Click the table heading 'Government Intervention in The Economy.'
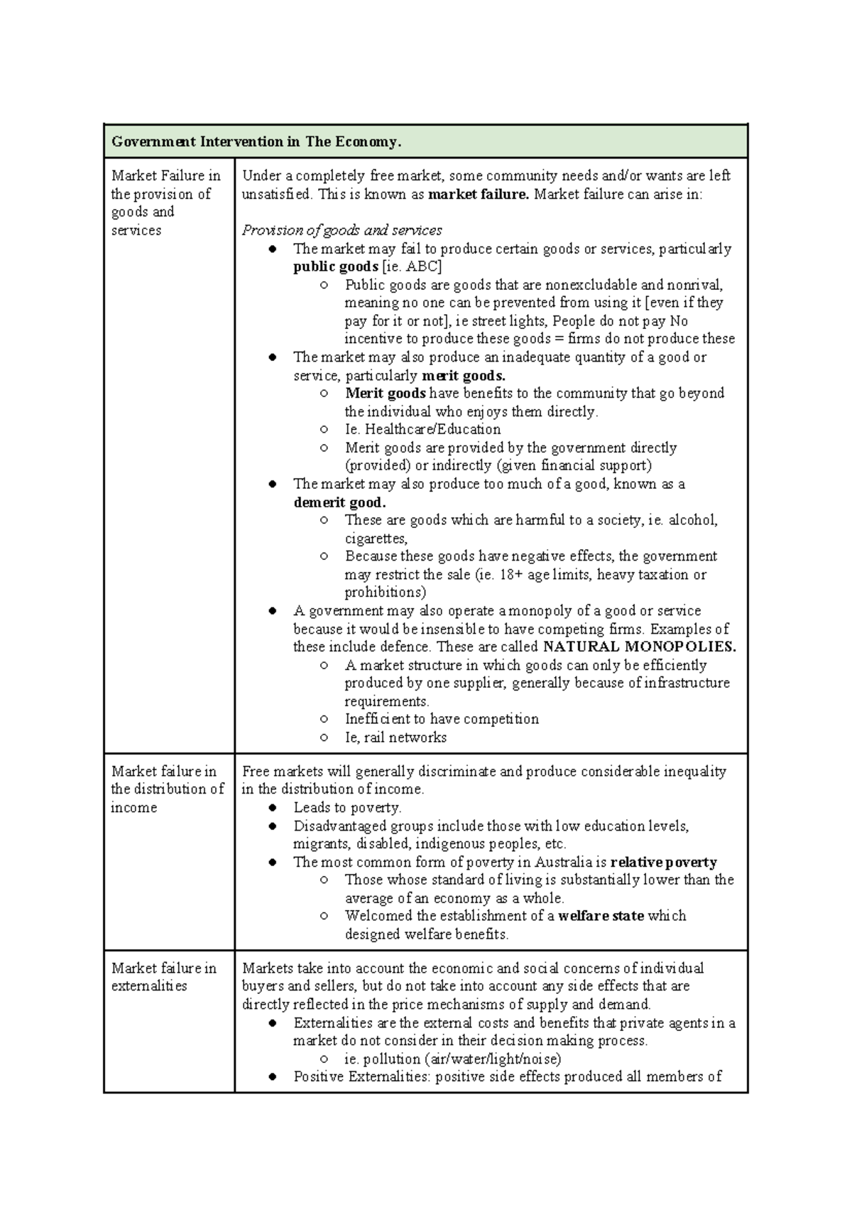click(x=256, y=141)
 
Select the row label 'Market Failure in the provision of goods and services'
click(x=165, y=202)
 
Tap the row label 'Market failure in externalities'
click(x=163, y=977)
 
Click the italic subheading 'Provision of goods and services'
click(x=342, y=230)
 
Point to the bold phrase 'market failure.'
click(x=479, y=194)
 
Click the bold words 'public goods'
click(x=335, y=266)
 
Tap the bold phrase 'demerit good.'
click(x=339, y=502)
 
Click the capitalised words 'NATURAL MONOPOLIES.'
click(x=639, y=647)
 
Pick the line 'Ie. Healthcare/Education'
click(x=422, y=429)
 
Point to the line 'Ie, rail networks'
click(x=395, y=737)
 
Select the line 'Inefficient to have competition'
click(x=442, y=719)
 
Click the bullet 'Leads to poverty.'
click(x=347, y=807)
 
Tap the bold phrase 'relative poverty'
click(x=663, y=862)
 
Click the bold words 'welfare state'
click(x=601, y=916)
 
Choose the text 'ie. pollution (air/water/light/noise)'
click(x=453, y=1059)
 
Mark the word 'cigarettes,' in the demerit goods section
click(x=376, y=539)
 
